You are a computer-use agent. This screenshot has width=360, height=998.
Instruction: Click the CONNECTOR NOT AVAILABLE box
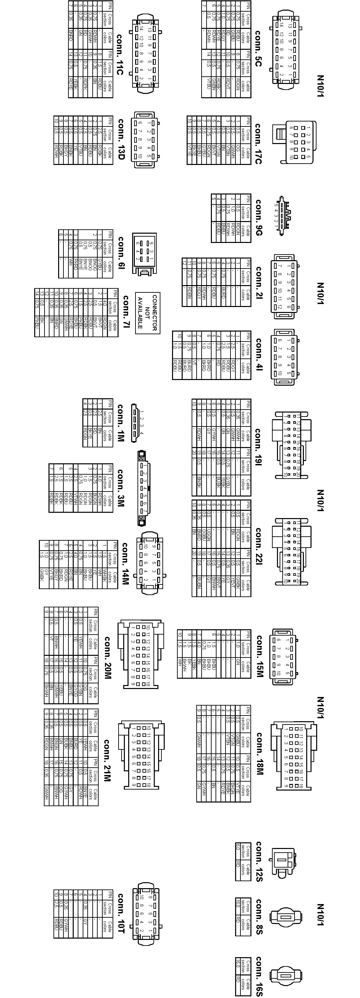(x=147, y=312)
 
